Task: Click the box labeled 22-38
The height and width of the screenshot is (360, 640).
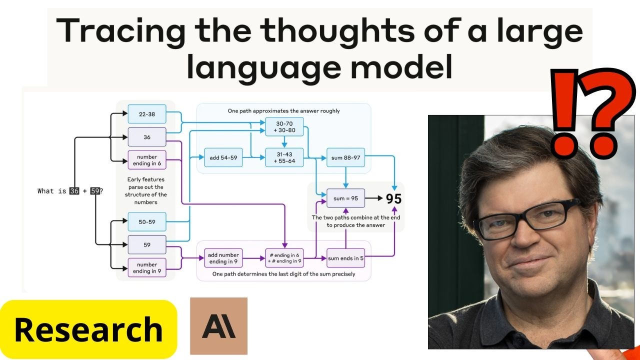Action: click(x=147, y=114)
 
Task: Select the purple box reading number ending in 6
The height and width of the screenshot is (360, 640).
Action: click(x=147, y=160)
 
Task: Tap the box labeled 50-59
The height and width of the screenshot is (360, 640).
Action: click(x=147, y=221)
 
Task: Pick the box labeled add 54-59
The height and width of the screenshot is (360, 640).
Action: click(x=223, y=157)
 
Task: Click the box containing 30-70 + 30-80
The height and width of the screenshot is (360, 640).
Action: click(x=284, y=127)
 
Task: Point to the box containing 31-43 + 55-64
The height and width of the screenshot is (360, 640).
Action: click(x=284, y=157)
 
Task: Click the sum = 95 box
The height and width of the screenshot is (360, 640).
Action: click(x=345, y=198)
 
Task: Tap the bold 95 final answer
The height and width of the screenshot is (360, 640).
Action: click(x=393, y=198)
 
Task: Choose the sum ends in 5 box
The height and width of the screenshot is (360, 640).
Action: click(x=345, y=258)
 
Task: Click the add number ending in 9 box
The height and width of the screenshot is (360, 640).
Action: click(x=223, y=258)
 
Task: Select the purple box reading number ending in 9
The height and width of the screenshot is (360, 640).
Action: click(x=147, y=268)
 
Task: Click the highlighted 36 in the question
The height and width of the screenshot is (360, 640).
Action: click(x=74, y=191)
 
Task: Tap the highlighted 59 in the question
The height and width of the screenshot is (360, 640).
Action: click(x=95, y=191)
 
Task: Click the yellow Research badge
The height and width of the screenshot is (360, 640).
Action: click(x=88, y=329)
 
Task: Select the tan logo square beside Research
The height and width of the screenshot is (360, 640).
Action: click(x=218, y=326)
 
